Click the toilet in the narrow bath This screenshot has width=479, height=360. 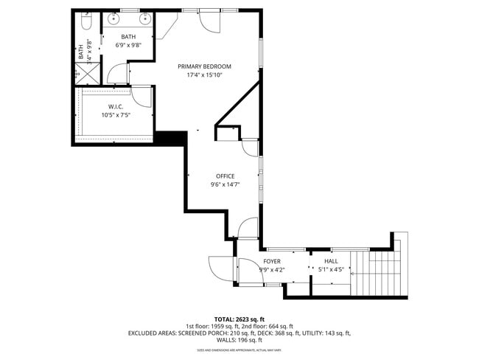(85, 24)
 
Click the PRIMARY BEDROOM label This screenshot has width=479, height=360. (199, 66)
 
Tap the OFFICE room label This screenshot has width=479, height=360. (225, 176)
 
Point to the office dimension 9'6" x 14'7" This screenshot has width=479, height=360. (225, 184)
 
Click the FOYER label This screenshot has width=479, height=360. (272, 261)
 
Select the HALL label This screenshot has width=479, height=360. (331, 261)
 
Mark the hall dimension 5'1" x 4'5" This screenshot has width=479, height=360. (331, 270)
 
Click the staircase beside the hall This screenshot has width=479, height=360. (380, 269)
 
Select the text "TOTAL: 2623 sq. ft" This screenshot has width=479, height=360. (239, 319)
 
